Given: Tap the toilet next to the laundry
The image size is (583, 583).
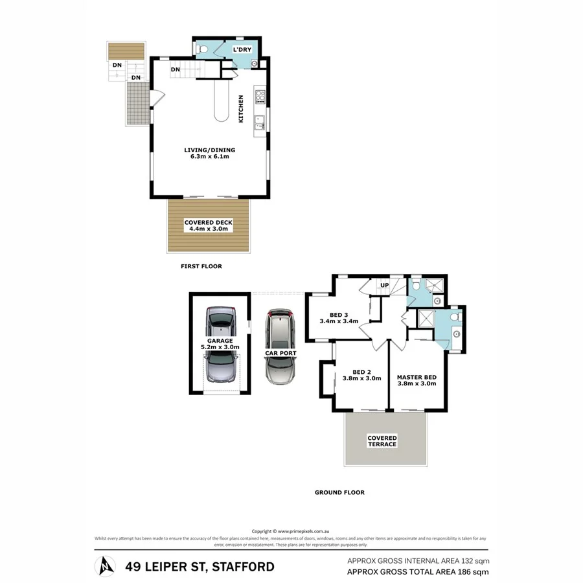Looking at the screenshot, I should click(202, 50).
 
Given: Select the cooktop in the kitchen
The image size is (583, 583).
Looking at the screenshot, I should click(261, 98).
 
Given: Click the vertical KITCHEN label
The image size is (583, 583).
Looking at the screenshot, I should click(241, 109).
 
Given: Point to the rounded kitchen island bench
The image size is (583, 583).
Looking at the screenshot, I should click(221, 100).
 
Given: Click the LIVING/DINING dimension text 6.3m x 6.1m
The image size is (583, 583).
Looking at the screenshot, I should click(209, 157).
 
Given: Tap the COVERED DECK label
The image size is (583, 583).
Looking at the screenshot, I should click(208, 222).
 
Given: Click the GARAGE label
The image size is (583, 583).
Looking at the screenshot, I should click(220, 340).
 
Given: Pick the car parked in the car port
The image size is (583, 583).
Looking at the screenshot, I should click(280, 347).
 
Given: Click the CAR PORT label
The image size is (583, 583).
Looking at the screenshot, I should click(280, 353).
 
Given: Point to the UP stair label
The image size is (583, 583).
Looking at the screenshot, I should click(384, 286).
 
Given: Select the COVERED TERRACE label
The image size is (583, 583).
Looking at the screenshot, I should click(382, 440).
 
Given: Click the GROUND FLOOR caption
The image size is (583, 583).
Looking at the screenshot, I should click(339, 492).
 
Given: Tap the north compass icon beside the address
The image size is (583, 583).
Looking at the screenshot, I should click(104, 566).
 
